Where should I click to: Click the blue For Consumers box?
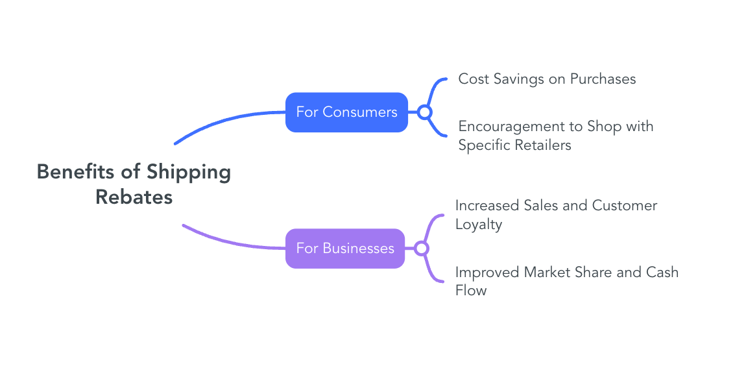click(x=346, y=112)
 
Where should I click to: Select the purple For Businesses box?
click(x=344, y=248)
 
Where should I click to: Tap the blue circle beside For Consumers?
click(x=425, y=112)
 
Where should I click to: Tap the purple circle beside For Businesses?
click(x=422, y=248)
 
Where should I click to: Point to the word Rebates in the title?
click(x=134, y=197)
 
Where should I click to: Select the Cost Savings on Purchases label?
click(x=547, y=79)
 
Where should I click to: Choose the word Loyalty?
click(x=479, y=225)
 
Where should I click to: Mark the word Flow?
click(x=470, y=291)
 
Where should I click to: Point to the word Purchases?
click(x=603, y=79)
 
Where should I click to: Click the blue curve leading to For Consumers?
click(x=227, y=119)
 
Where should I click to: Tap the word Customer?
click(x=625, y=206)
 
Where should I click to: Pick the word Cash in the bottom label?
click(x=662, y=272)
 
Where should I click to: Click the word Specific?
click(x=483, y=145)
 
